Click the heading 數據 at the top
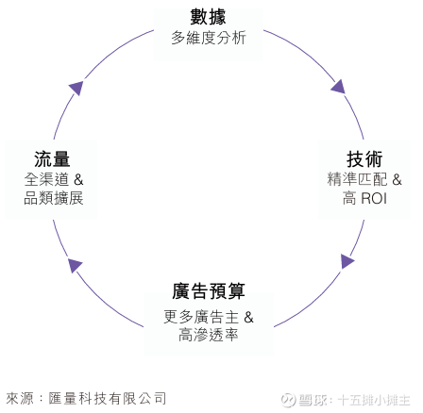click(x=208, y=17)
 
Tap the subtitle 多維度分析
click(x=209, y=38)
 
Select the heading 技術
click(x=364, y=159)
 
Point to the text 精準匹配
click(x=357, y=179)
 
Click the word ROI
click(x=374, y=199)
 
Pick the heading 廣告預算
click(x=209, y=291)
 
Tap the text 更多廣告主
click(x=201, y=317)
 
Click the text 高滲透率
click(x=209, y=335)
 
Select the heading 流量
click(x=52, y=159)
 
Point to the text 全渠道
click(x=46, y=179)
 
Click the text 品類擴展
click(x=54, y=198)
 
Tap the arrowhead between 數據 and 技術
click(x=339, y=87)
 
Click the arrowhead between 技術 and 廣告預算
click(x=347, y=261)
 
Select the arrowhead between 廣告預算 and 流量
click(x=75, y=266)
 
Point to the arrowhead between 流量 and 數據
click(x=76, y=88)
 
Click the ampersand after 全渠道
click(x=78, y=180)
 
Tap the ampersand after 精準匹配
click(x=397, y=180)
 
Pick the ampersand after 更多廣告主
click(x=248, y=317)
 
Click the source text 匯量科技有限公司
click(x=108, y=399)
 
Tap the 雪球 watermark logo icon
click(x=288, y=400)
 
